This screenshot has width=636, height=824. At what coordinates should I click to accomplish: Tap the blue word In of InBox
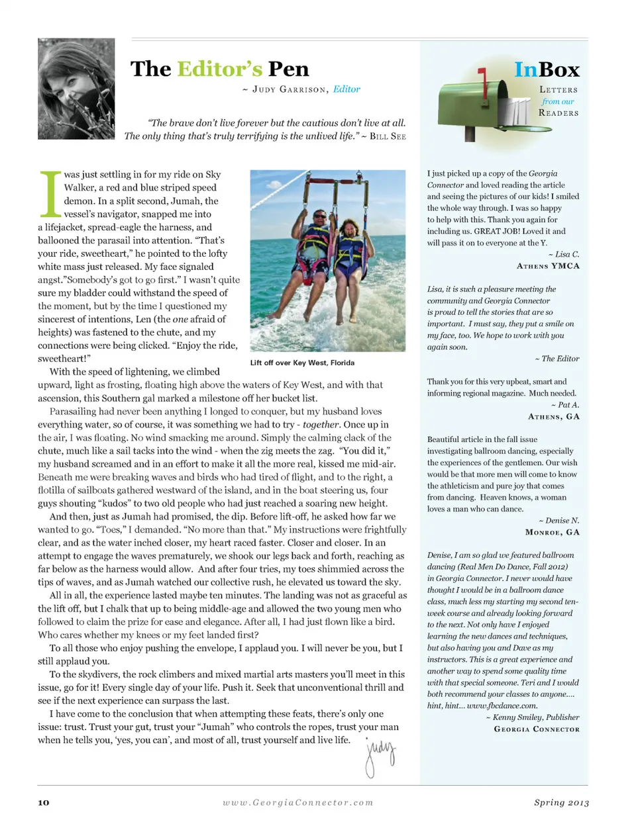click(x=526, y=69)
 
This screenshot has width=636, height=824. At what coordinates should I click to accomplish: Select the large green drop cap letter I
click(x=50, y=195)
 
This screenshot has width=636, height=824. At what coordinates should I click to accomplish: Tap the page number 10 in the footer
click(x=44, y=802)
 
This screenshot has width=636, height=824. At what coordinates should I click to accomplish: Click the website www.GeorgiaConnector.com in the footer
click(x=297, y=802)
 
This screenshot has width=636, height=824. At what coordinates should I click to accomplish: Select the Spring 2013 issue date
click(x=561, y=802)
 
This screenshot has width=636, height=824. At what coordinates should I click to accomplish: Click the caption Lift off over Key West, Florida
click(x=302, y=363)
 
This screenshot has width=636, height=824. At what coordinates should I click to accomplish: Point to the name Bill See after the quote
click(x=388, y=136)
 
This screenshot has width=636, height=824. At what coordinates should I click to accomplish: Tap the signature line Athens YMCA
click(x=548, y=266)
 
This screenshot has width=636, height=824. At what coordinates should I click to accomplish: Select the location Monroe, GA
click(x=552, y=532)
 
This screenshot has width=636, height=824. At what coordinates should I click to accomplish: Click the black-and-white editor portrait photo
click(x=76, y=89)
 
